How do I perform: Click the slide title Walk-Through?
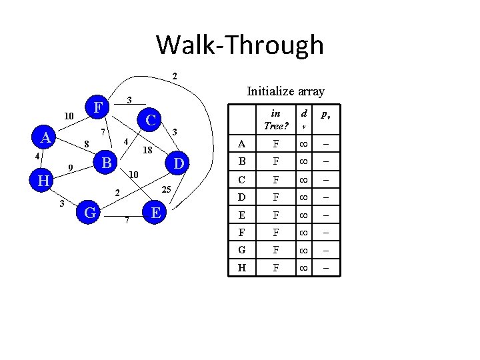point(240,45)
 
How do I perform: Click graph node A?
point(46,137)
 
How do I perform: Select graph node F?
point(98,107)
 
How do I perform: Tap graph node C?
point(151,121)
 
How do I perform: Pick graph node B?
point(104,162)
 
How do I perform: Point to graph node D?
point(179,163)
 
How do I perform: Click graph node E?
point(155,213)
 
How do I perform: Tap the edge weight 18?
point(149,151)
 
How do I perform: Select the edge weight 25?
point(167,191)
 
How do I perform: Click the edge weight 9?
point(70,167)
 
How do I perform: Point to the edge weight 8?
point(85,144)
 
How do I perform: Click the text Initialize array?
point(285,91)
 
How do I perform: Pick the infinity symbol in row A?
point(303,144)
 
